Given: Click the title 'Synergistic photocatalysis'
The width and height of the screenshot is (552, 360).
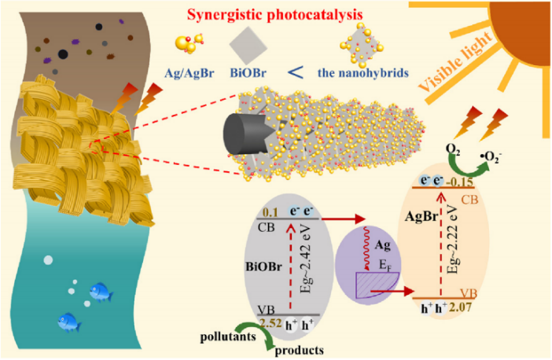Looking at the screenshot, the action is (274, 14).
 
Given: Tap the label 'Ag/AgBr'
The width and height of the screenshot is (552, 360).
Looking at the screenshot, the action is (190, 73).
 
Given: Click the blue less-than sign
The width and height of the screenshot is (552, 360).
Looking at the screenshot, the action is (295, 72).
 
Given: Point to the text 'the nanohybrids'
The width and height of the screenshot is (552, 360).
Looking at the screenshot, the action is (363, 73).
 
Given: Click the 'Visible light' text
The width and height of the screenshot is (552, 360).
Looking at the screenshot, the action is (454, 61).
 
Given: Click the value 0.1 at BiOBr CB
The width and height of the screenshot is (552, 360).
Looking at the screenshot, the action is (270, 212).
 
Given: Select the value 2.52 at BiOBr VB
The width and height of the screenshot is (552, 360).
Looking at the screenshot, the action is (270, 323).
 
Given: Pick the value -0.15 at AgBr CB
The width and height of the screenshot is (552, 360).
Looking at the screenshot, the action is (460, 182).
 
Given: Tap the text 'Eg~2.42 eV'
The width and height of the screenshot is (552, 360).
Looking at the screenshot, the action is (305, 259).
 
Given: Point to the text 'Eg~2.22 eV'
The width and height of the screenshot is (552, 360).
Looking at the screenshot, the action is (454, 239).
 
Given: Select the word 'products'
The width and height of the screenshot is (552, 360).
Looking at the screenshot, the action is (300, 351).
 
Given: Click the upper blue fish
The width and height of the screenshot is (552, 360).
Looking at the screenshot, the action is (101, 292).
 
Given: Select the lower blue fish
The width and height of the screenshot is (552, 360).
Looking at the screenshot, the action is (69, 322).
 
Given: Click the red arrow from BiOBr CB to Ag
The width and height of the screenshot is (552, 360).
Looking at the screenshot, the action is (344, 219).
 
